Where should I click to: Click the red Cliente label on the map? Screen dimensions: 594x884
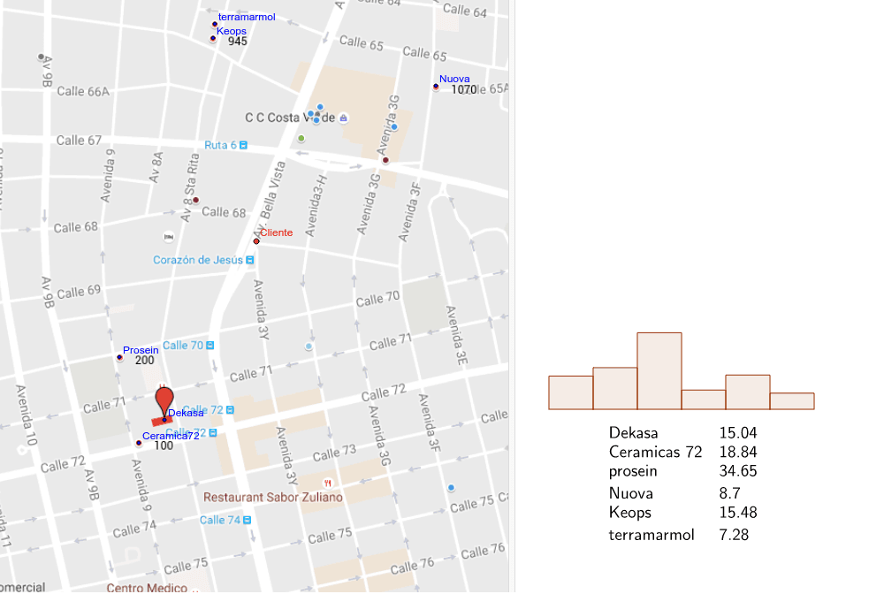click(276, 232)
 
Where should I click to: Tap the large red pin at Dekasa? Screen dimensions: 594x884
click(164, 399)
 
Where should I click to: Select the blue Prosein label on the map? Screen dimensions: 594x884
click(141, 350)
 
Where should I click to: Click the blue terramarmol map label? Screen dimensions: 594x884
click(247, 17)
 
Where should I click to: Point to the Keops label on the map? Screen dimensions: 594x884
click(232, 31)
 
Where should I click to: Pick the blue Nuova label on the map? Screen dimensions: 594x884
click(454, 79)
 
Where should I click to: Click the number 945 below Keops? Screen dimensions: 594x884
click(237, 42)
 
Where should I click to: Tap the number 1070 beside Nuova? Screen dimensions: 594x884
click(464, 89)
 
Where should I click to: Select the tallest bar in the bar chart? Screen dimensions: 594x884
click(659, 371)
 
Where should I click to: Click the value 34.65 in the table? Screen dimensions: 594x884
click(738, 471)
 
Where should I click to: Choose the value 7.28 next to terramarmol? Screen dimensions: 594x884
click(734, 535)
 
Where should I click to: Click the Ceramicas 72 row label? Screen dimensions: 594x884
click(655, 453)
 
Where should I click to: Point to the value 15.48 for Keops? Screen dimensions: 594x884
click(738, 513)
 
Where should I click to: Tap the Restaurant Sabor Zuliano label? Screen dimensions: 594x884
click(273, 498)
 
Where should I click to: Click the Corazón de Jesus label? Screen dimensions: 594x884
click(198, 260)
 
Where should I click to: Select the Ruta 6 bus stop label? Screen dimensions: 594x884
click(221, 145)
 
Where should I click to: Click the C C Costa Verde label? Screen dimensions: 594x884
click(290, 118)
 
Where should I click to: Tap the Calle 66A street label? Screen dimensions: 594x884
click(83, 91)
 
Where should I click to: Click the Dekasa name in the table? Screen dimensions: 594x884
click(634, 433)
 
